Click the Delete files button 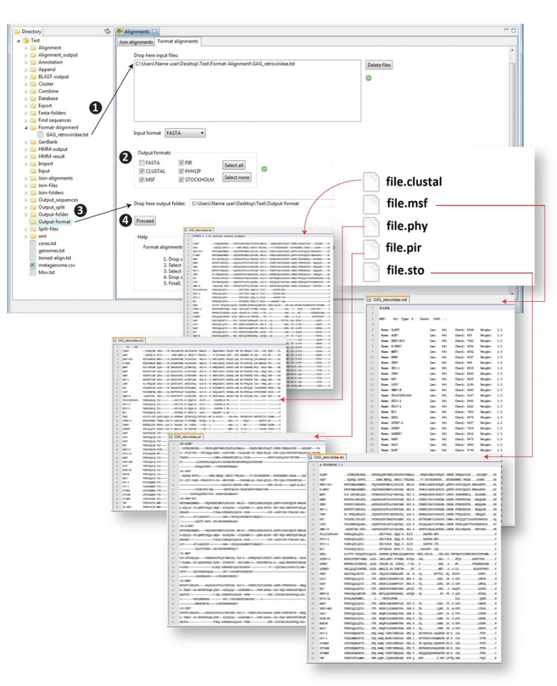click(x=379, y=65)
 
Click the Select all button click(x=234, y=165)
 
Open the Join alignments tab click(x=135, y=42)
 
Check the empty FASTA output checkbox click(x=142, y=161)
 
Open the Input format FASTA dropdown click(x=185, y=132)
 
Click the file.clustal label click(x=414, y=183)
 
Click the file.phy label click(x=407, y=226)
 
